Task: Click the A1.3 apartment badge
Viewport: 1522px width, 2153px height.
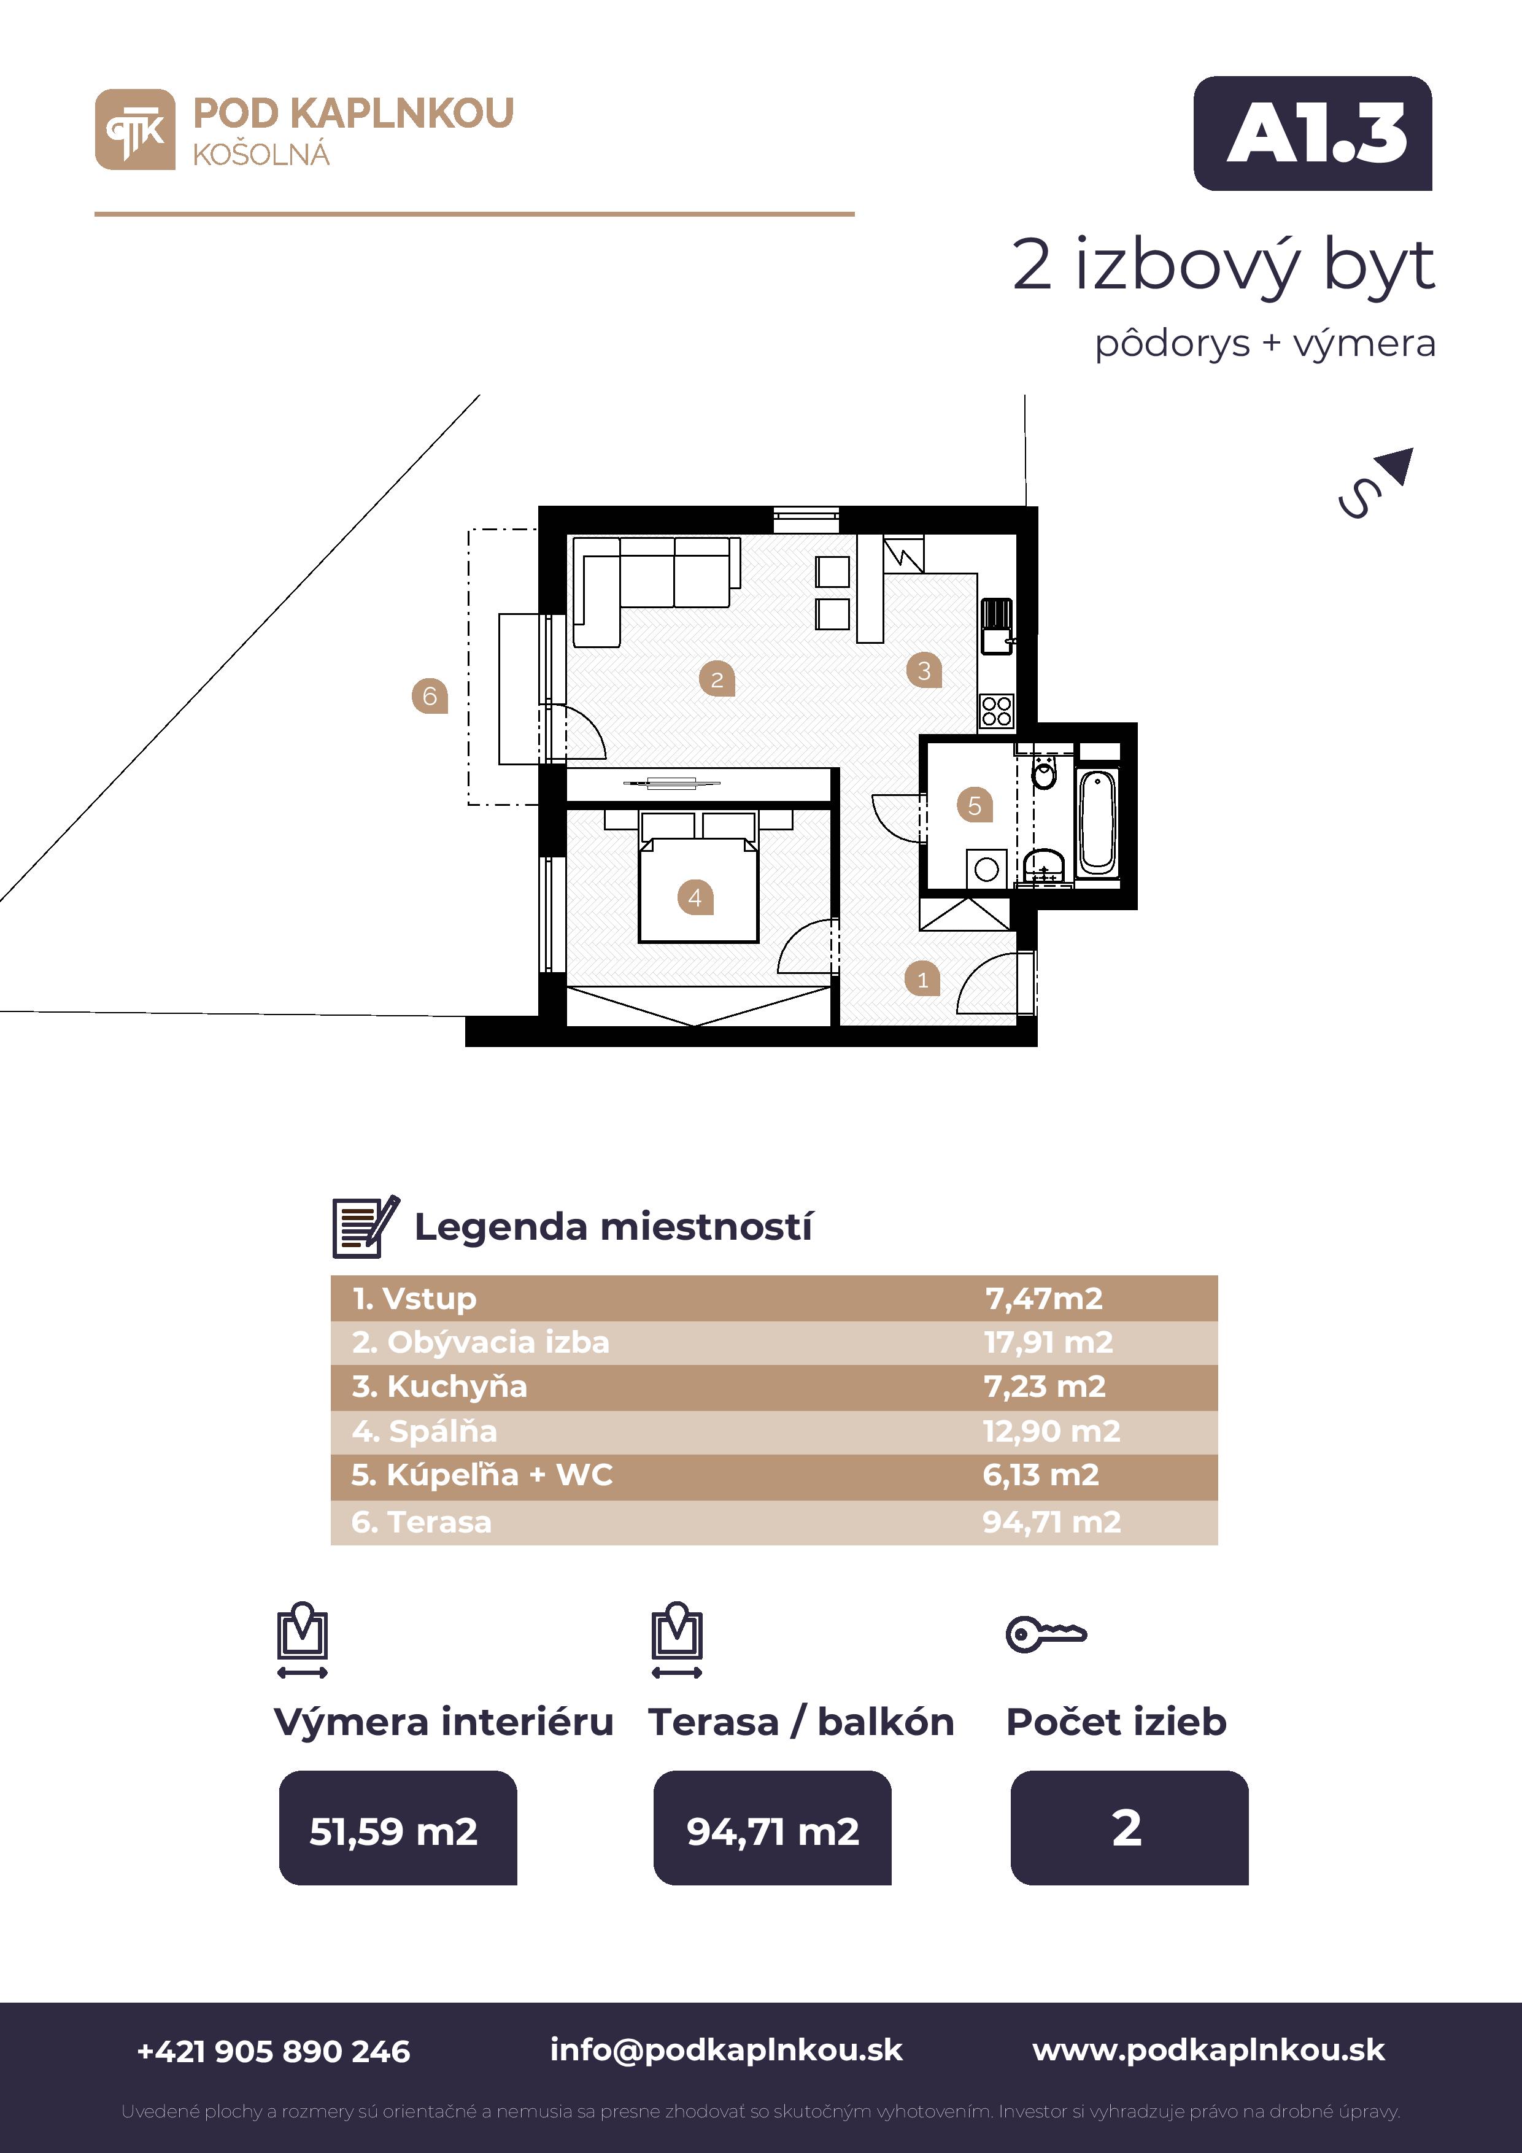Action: click(x=1312, y=133)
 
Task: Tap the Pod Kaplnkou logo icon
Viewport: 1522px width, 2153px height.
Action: click(x=135, y=129)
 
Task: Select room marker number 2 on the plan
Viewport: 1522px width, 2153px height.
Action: click(x=716, y=679)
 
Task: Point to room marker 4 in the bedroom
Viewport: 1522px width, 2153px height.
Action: click(x=695, y=897)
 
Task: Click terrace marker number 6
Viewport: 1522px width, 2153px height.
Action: click(x=430, y=696)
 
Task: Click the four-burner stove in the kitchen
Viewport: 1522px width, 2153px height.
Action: click(x=997, y=711)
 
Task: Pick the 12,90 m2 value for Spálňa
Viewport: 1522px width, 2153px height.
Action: click(x=1051, y=1431)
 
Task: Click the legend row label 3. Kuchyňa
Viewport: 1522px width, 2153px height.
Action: click(x=440, y=1386)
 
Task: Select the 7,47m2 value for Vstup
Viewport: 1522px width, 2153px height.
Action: click(x=1044, y=1298)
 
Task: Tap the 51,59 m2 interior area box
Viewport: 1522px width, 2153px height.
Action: click(x=398, y=1828)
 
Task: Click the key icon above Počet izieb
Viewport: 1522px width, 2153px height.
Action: click(x=1046, y=1634)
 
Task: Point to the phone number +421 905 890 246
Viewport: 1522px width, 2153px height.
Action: click(x=274, y=2052)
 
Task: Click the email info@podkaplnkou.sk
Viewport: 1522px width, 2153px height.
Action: click(x=726, y=2051)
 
